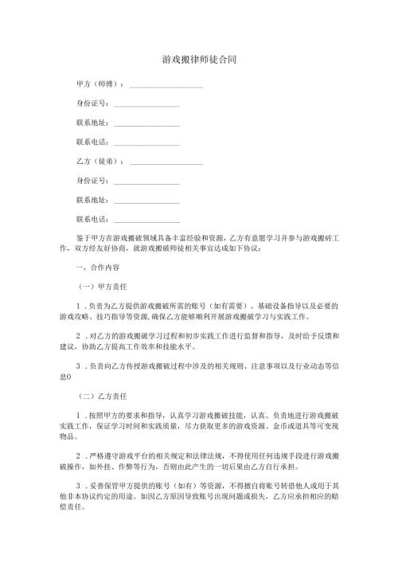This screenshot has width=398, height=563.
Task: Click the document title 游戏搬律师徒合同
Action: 198,60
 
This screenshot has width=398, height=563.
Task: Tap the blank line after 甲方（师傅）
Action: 166,86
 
